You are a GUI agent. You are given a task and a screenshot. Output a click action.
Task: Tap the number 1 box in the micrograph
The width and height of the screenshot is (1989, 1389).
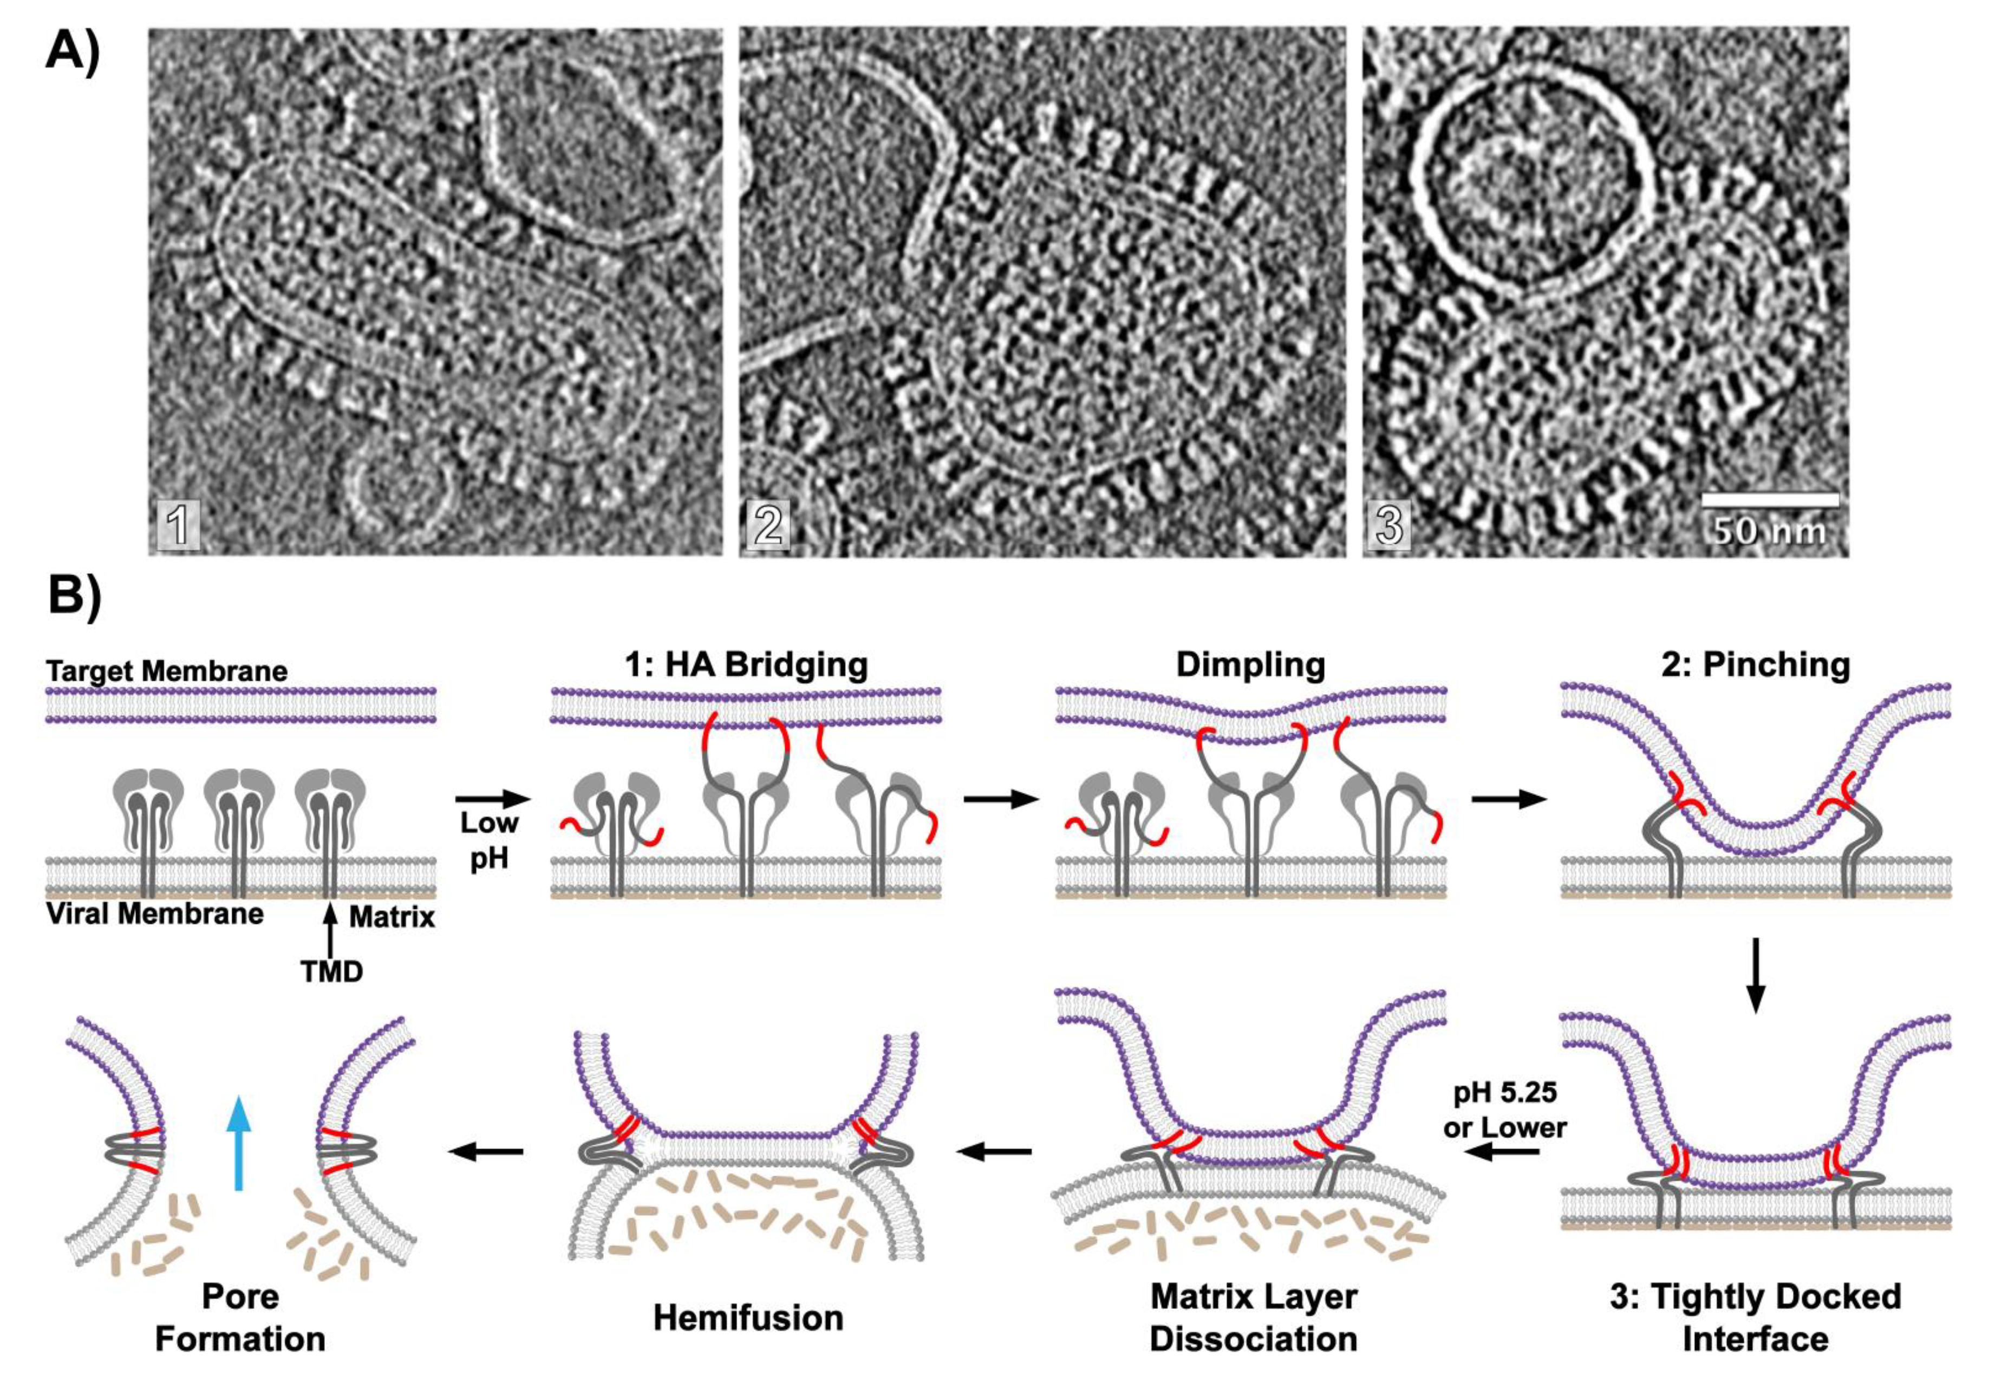click(179, 525)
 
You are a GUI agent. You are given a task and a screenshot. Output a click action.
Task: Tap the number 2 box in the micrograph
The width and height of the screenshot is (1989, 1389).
click(767, 525)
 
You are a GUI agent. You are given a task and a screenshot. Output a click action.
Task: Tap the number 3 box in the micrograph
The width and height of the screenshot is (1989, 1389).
click(1388, 525)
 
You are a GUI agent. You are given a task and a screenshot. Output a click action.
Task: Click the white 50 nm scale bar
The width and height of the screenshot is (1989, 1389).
click(1770, 500)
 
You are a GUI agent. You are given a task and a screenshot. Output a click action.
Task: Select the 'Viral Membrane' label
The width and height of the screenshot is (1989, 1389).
click(155, 914)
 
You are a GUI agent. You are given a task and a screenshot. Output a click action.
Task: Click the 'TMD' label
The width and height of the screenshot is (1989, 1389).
click(332, 972)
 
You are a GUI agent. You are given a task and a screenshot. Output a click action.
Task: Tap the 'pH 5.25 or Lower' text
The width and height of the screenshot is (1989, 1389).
click(1505, 1110)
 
